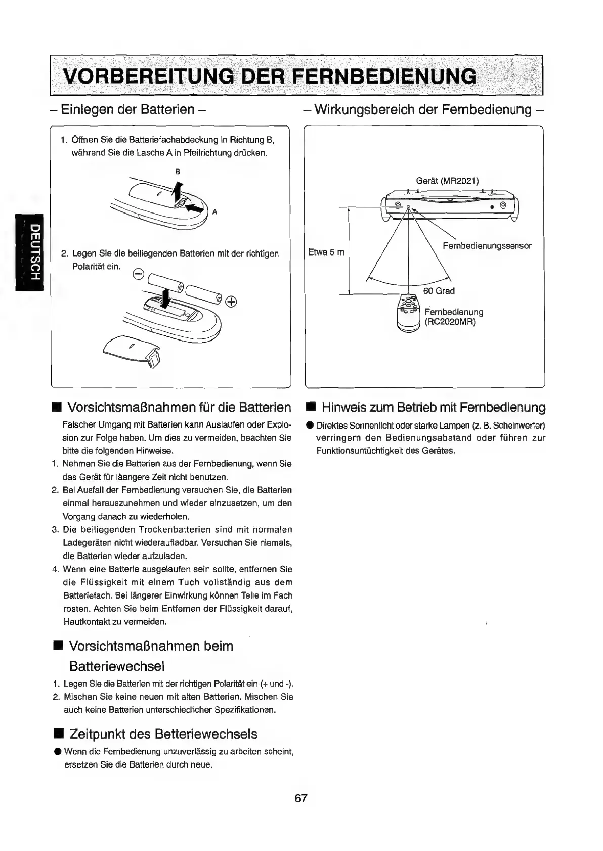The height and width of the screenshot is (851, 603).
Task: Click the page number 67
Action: coord(301,798)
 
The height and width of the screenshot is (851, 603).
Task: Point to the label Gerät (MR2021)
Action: coord(447,181)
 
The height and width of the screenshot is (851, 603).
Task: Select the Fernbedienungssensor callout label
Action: coord(487,246)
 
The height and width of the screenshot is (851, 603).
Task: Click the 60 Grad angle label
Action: coord(439,291)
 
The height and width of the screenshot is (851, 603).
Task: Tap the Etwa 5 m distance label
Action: coord(326,252)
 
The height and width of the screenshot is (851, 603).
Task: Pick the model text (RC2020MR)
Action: coord(450,322)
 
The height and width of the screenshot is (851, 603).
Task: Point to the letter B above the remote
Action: coord(177,172)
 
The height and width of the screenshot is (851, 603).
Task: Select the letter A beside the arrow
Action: coord(214,212)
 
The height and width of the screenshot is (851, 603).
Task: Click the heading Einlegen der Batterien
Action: coord(127,109)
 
